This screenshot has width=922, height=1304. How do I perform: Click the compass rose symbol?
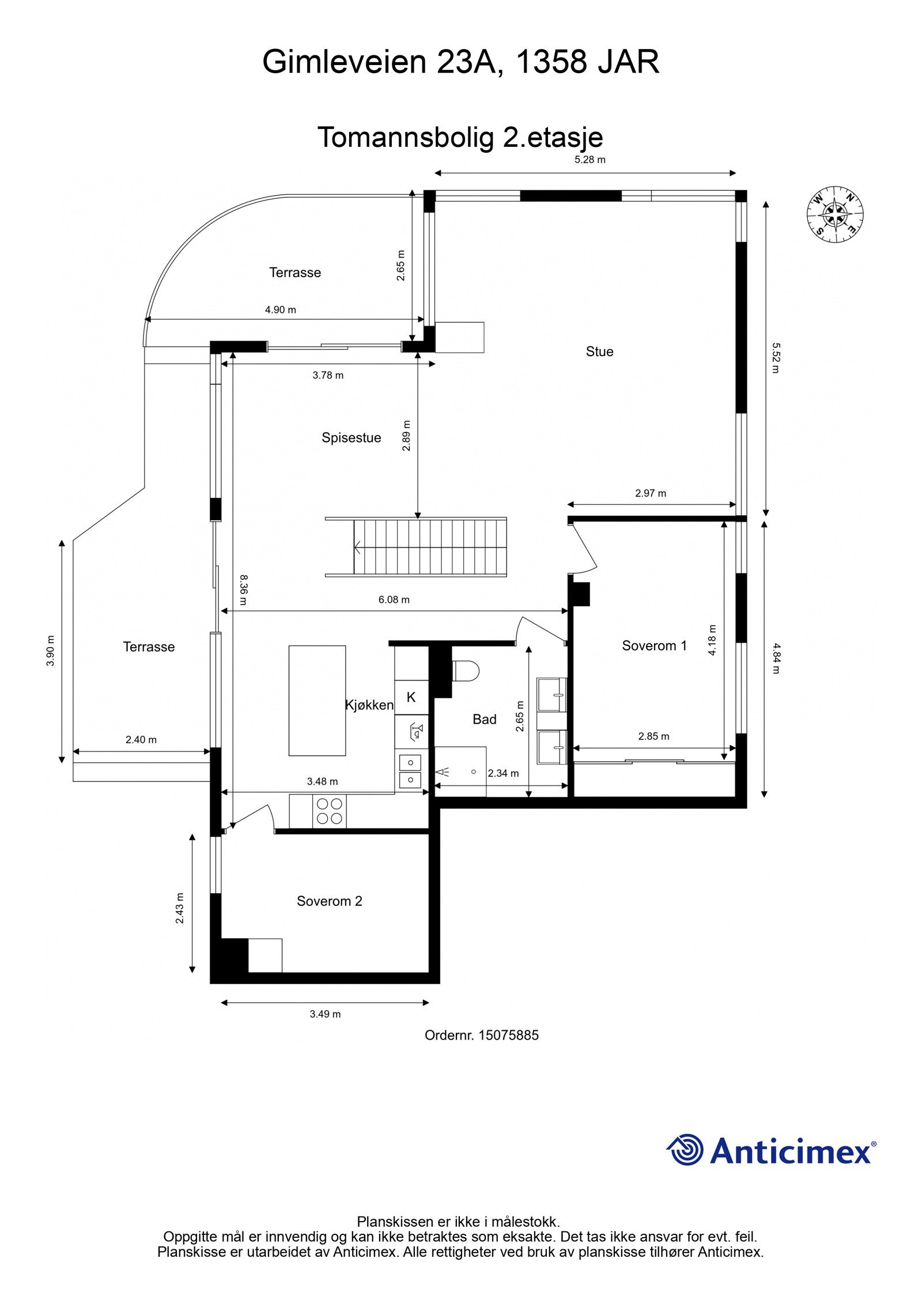tap(834, 214)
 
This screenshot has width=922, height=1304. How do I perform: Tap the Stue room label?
tap(599, 351)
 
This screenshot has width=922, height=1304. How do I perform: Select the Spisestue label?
tap(351, 438)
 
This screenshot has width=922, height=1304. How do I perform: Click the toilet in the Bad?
tap(466, 671)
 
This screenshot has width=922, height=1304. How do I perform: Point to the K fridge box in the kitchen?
tap(411, 698)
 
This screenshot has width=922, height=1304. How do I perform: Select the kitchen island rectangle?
tap(317, 700)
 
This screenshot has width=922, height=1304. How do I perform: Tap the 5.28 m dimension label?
tap(590, 160)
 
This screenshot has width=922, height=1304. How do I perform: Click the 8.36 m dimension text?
tap(243, 589)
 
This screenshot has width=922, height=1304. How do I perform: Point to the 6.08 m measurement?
tap(394, 600)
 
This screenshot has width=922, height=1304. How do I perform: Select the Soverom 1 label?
tap(654, 646)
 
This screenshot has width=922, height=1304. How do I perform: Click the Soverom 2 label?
tap(329, 901)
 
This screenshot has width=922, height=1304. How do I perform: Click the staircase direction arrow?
tap(358, 547)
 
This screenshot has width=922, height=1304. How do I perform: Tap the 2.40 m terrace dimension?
tap(141, 740)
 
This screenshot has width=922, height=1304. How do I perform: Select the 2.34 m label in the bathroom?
tap(503, 773)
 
